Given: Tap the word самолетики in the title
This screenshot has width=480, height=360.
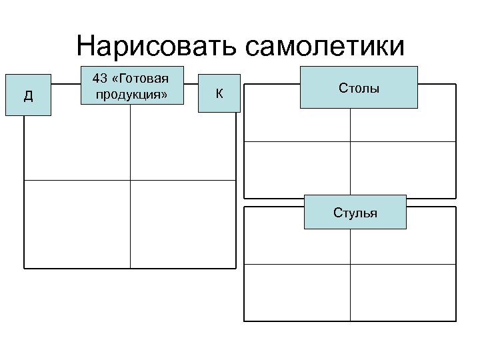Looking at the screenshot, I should pyautogui.click(x=325, y=47).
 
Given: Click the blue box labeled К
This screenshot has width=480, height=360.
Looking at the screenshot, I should pyautogui.click(x=219, y=93).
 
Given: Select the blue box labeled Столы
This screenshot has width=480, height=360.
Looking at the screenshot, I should pyautogui.click(x=359, y=87).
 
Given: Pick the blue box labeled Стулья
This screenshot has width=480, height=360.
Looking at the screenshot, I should pyautogui.click(x=355, y=213).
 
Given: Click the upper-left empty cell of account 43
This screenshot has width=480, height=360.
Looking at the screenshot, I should pyautogui.click(x=77, y=143).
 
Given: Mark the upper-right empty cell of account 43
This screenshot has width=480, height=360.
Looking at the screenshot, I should pyautogui.click(x=183, y=143).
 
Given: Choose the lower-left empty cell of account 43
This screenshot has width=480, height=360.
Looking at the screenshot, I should pyautogui.click(x=77, y=223).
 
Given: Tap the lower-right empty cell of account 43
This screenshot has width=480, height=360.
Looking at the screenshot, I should pyautogui.click(x=183, y=223).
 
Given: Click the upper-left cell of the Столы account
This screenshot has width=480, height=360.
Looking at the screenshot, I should pyautogui.click(x=297, y=125).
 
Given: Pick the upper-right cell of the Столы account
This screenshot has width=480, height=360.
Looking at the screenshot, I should pyautogui.click(x=403, y=125).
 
